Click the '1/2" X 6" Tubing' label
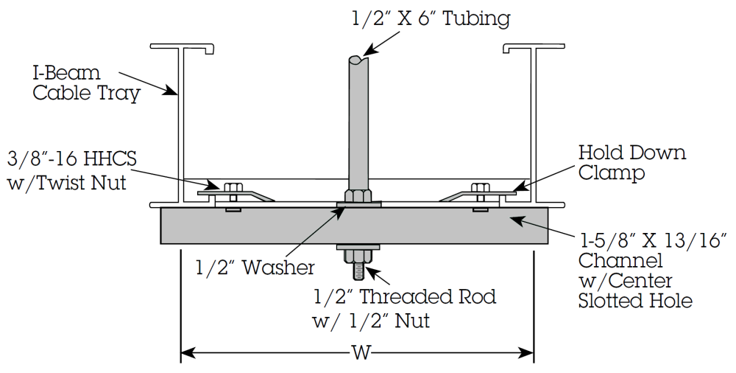click(x=431, y=19)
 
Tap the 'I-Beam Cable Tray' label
click(x=86, y=83)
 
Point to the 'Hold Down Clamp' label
click(x=631, y=162)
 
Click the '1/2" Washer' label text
click(x=255, y=267)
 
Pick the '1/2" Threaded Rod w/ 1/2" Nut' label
click(x=404, y=309)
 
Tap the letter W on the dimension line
click(x=361, y=352)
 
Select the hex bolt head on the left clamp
click(x=231, y=186)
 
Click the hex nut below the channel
click(x=358, y=257)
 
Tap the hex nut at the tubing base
click(x=358, y=195)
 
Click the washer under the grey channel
click(x=358, y=247)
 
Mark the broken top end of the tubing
click(x=358, y=60)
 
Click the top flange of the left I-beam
click(x=183, y=47)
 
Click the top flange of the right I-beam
click(x=534, y=47)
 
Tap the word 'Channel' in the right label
click(x=620, y=260)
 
